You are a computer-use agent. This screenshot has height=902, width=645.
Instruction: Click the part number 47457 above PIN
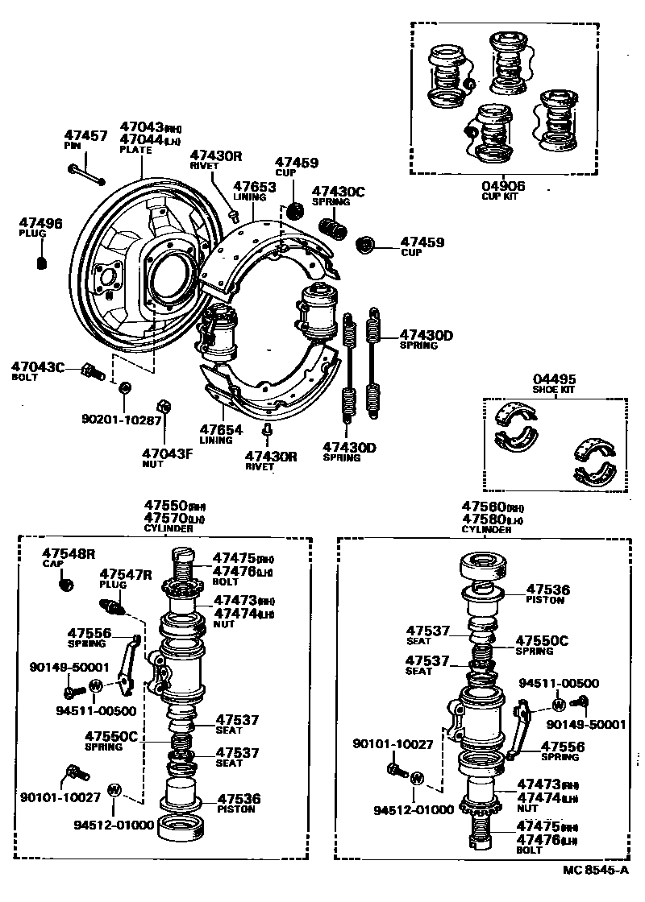[85, 136]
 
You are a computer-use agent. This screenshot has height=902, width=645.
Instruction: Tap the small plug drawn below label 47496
[43, 262]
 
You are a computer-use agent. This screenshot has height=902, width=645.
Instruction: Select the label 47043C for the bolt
[37, 367]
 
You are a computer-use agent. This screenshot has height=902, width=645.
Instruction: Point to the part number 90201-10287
[121, 419]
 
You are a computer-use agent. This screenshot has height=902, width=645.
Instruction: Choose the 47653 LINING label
[255, 187]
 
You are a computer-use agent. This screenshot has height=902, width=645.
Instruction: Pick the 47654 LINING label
[221, 430]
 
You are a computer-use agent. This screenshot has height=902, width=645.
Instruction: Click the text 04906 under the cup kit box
[503, 186]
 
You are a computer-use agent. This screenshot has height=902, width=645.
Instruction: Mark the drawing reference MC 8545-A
[595, 871]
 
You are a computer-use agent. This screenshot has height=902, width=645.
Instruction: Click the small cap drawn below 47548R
[68, 583]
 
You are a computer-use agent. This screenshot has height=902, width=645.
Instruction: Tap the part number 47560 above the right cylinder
[483, 507]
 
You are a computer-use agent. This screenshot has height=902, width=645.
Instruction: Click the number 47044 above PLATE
[142, 140]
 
